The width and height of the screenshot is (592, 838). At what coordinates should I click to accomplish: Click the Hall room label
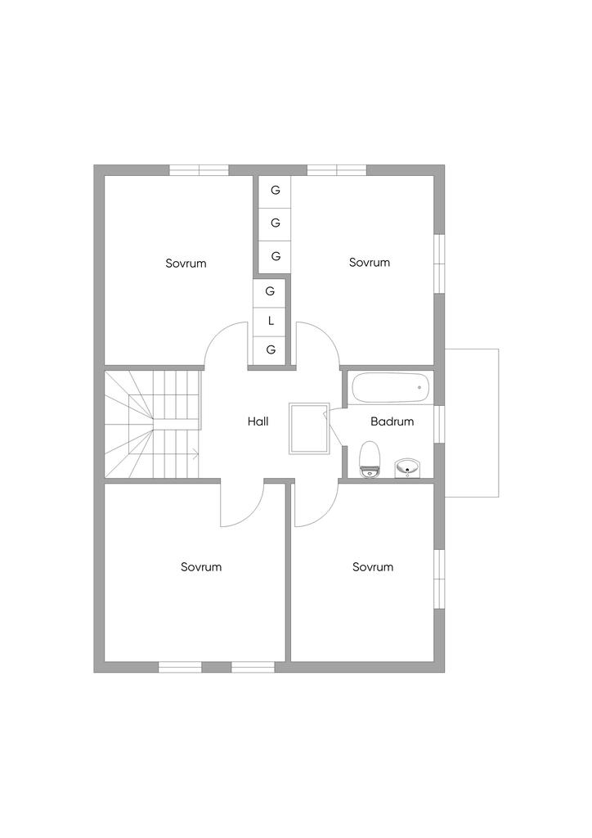(258, 422)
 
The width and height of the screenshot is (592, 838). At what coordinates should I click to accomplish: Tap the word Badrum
(392, 422)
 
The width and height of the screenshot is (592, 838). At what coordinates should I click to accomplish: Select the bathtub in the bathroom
(390, 388)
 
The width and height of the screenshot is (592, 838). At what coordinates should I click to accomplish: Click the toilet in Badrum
(370, 459)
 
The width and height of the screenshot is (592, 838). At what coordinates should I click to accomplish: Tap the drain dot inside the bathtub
(419, 387)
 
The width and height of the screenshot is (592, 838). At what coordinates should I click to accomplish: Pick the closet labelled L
(271, 321)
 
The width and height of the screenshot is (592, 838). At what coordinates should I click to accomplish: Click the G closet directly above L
(270, 291)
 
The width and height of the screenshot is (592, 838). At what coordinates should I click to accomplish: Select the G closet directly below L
(271, 350)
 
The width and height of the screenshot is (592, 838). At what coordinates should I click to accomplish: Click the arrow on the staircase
(195, 451)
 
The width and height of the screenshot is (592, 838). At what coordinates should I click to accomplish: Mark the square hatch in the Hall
(309, 428)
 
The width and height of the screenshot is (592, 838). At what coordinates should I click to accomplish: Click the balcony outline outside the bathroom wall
(473, 423)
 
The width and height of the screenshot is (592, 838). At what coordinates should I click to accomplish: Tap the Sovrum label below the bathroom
(373, 567)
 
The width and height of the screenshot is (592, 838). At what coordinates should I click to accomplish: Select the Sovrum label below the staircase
(201, 567)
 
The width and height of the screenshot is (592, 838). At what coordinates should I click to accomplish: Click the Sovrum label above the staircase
(186, 264)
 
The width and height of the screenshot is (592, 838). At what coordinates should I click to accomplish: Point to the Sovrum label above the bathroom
(370, 263)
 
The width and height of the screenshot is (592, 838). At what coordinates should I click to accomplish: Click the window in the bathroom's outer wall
(440, 423)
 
